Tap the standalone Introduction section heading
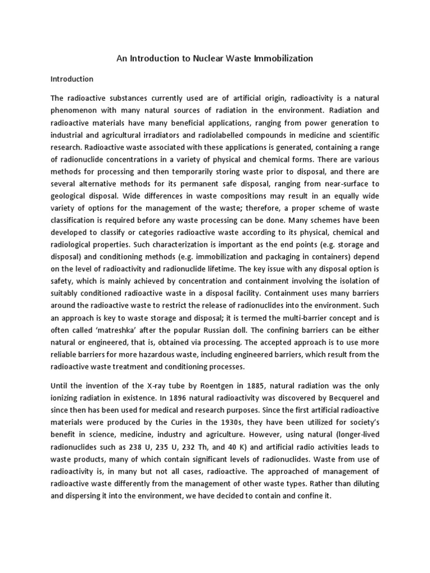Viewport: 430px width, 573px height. coord(72,79)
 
